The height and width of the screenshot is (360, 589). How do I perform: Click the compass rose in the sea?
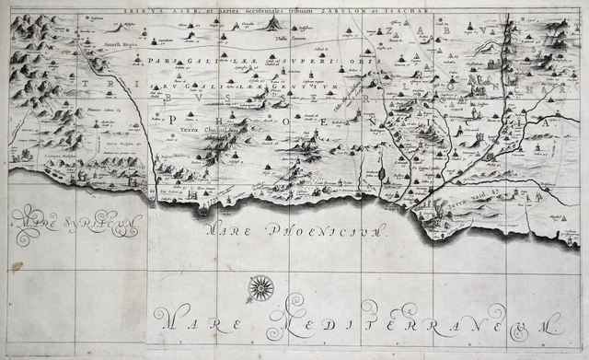pos(261,289)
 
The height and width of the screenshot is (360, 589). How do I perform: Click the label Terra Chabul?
pos(200,130)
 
